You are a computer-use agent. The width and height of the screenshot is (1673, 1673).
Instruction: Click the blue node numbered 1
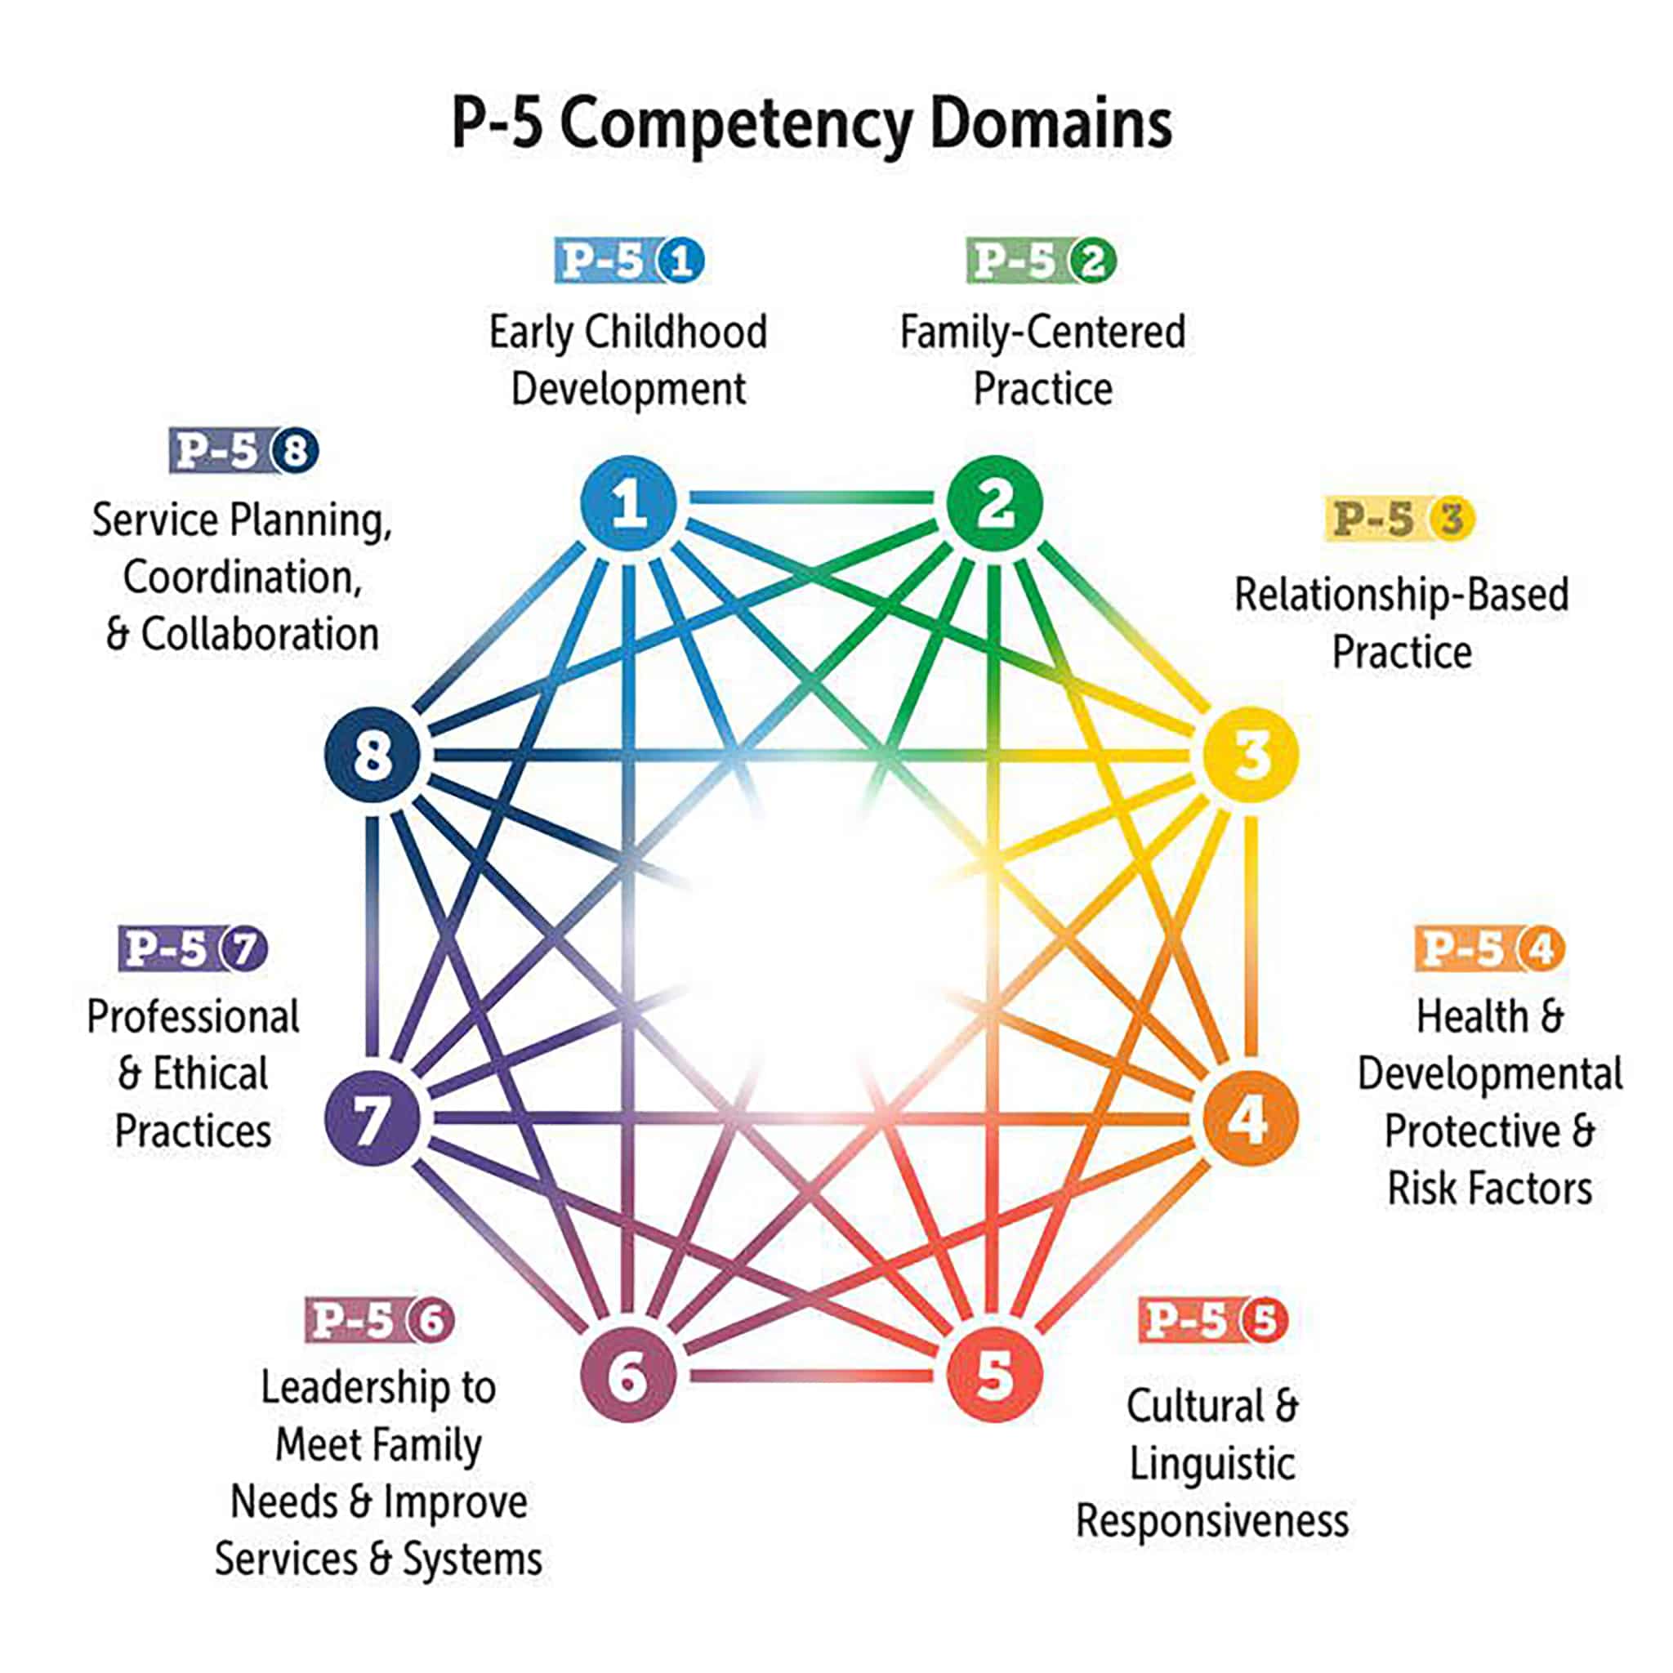coord(628,503)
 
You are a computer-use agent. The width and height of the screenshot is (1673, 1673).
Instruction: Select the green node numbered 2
coord(994,503)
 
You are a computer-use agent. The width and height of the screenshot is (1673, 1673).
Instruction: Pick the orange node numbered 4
coord(1251,1118)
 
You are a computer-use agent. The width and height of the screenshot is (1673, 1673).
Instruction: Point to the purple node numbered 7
coord(373,1118)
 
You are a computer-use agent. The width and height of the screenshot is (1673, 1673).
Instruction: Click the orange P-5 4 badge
coord(1489,949)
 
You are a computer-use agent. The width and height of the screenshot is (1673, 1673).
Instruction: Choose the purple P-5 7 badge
coord(192,949)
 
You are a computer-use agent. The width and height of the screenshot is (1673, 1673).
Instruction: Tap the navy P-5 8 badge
coord(243,451)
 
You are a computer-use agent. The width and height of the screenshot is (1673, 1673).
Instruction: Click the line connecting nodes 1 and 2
coord(811,498)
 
